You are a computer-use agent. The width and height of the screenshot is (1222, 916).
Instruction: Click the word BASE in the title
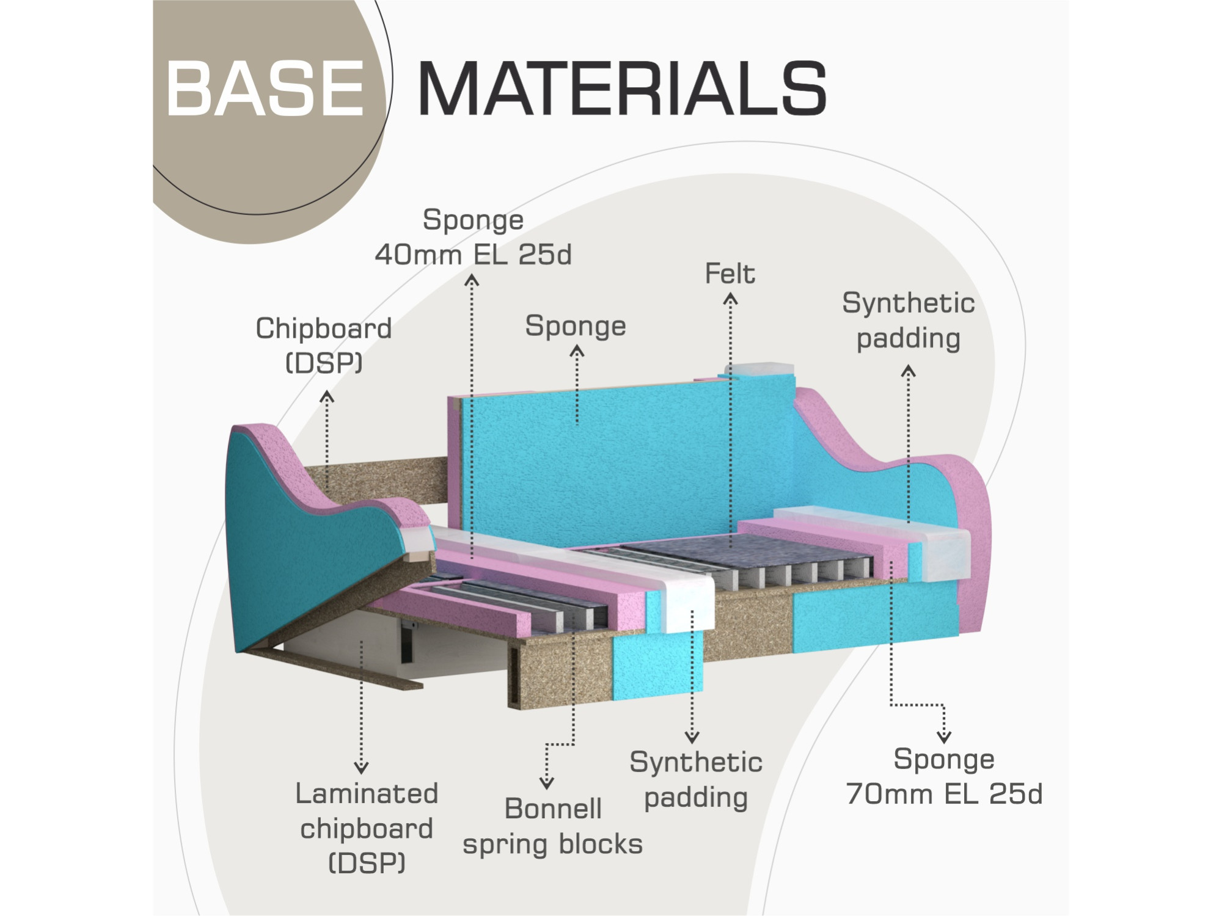[x=265, y=89]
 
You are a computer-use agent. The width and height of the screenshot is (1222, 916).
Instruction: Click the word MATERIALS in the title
[x=622, y=89]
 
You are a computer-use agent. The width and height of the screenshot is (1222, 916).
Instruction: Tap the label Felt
[x=730, y=274]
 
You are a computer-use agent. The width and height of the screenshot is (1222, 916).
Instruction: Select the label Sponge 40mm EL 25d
[x=474, y=238]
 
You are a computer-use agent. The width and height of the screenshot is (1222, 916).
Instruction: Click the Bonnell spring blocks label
[x=553, y=827]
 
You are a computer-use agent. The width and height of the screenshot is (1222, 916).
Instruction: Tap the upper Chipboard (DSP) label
[x=324, y=346]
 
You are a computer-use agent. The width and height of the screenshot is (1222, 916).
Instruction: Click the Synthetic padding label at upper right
[x=909, y=321]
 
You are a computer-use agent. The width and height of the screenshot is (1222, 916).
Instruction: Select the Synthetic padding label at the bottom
[x=696, y=780]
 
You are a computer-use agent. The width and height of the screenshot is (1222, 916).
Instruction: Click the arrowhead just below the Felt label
[x=730, y=299]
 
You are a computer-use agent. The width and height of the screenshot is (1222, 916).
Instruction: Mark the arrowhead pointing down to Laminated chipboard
[x=361, y=768]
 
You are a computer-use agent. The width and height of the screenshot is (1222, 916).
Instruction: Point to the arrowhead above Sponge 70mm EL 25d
[x=944, y=736]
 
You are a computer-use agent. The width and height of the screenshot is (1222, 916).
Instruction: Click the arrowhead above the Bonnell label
[x=547, y=782]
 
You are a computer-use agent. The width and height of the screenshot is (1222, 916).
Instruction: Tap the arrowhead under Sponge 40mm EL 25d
[x=472, y=280]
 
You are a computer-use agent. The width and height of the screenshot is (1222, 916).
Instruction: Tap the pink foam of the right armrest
[x=971, y=537]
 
